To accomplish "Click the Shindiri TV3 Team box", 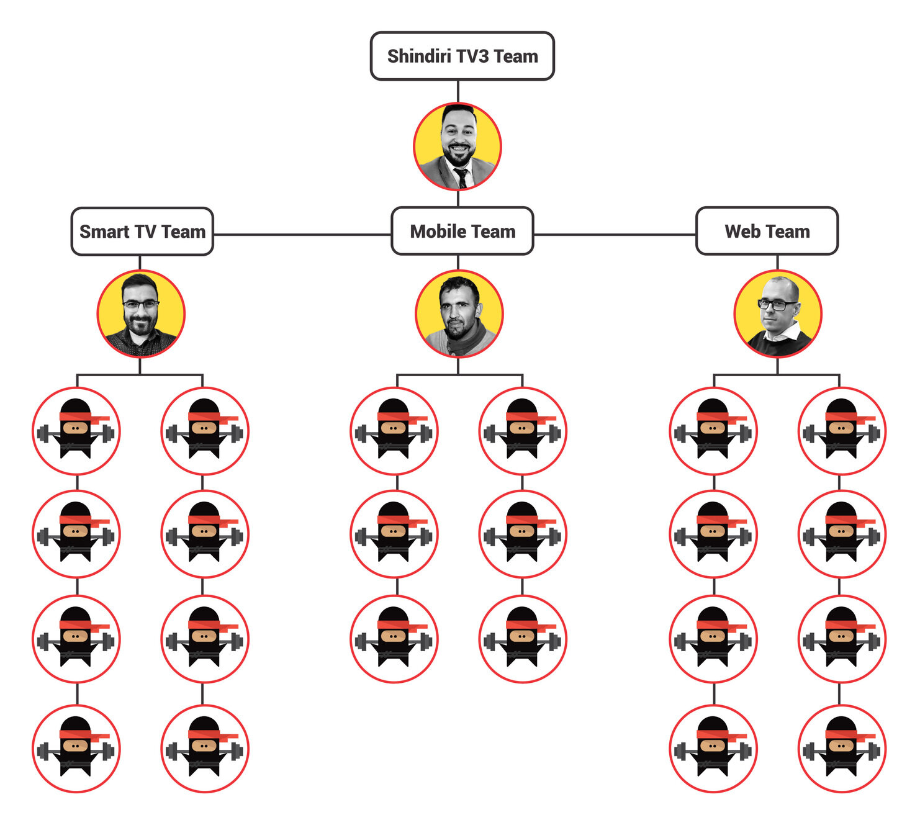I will (462, 56).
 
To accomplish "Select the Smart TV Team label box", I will (142, 232).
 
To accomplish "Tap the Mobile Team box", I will (462, 232).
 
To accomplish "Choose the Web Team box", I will (767, 232).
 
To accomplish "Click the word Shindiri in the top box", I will (419, 56).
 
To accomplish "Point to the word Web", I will (742, 232).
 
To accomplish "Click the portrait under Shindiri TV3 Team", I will (458, 146).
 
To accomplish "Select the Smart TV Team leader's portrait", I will (141, 313).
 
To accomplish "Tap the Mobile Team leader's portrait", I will (459, 313).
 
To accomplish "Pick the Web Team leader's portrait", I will (777, 313).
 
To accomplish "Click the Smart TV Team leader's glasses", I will (140, 304).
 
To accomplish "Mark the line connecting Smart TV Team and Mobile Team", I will (302, 235).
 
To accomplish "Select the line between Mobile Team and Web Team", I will (615, 235).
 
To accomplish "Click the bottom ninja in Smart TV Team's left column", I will (76, 748).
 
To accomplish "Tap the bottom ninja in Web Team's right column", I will (842, 748).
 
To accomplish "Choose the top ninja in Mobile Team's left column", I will (394, 431).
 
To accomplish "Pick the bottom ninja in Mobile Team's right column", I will (523, 639).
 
